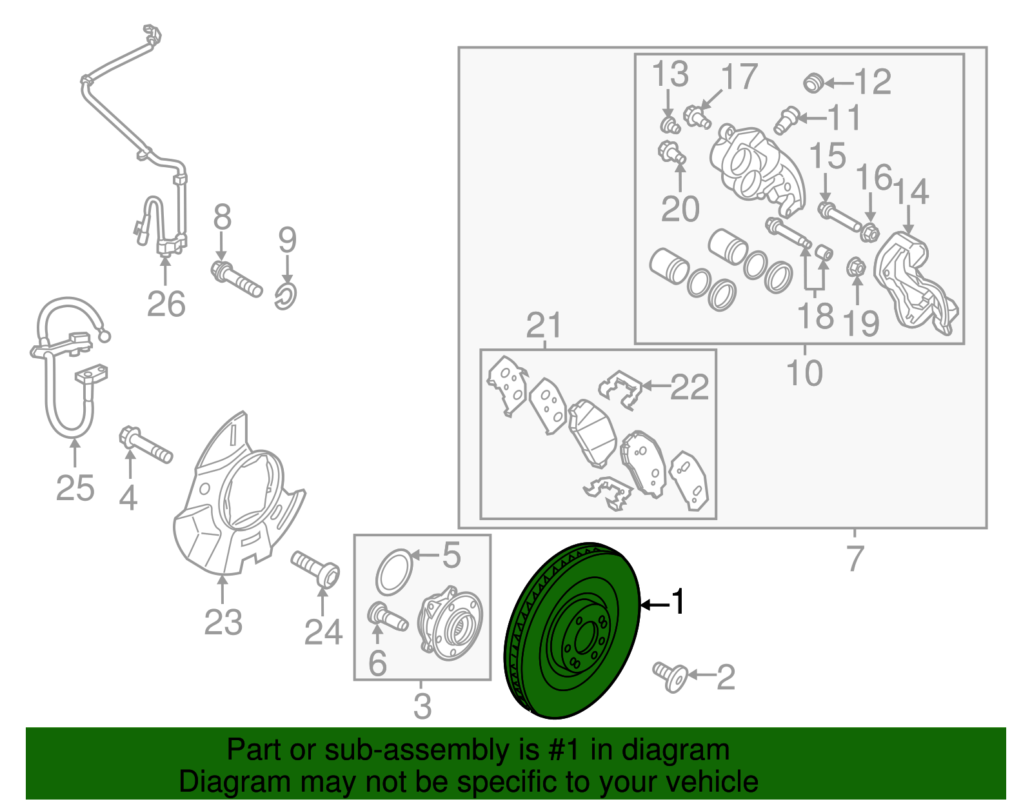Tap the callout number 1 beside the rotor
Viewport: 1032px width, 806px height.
pyautogui.click(x=678, y=602)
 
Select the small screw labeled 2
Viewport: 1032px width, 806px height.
pyautogui.click(x=669, y=676)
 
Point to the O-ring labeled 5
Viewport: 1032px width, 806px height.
pyautogui.click(x=393, y=572)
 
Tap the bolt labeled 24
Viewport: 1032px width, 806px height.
pyautogui.click(x=317, y=568)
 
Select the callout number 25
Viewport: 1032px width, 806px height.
pyautogui.click(x=75, y=488)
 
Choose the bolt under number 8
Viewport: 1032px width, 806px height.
pyautogui.click(x=237, y=279)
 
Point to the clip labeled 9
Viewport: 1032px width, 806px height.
pyautogui.click(x=286, y=295)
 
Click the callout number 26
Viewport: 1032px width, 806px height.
pyautogui.click(x=166, y=304)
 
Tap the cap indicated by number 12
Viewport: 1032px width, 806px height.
pyautogui.click(x=814, y=83)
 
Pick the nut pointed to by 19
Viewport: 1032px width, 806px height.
pyautogui.click(x=856, y=266)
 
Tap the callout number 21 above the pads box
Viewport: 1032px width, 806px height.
pyautogui.click(x=544, y=327)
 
